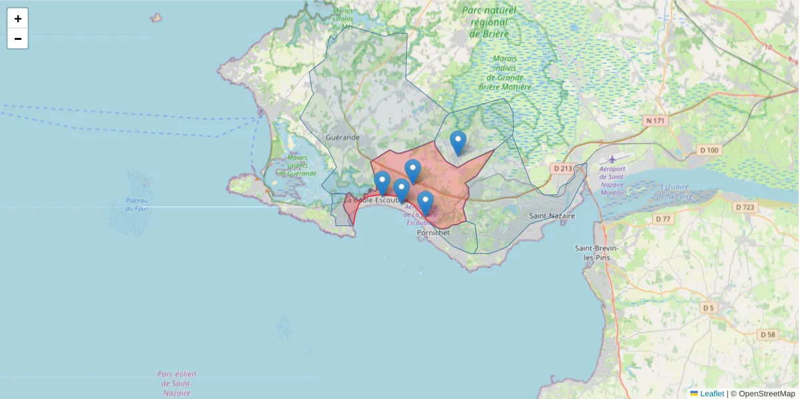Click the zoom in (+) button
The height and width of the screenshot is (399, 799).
coord(18,19)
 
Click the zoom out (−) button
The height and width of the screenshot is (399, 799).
coord(18,39)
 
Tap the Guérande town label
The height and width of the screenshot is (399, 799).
coord(343,137)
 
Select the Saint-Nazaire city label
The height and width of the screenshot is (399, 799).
coord(551,216)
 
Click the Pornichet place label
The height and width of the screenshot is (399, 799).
coord(433,233)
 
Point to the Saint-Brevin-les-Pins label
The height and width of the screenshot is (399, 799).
coord(597,253)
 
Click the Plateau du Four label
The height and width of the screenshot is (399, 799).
coord(136,205)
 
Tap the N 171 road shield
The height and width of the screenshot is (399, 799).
coord(655,120)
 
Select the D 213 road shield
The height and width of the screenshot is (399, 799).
coord(563,168)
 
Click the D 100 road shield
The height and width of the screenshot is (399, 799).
coord(710,150)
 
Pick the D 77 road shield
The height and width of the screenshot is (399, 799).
coord(663,219)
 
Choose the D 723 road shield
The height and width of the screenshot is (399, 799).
coord(745,207)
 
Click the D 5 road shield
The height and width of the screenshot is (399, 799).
coord(708,308)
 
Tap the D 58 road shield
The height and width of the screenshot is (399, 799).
coord(768,334)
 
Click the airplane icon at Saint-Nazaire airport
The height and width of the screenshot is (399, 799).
coord(612,159)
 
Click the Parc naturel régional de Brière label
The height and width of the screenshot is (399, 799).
coord(489,22)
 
